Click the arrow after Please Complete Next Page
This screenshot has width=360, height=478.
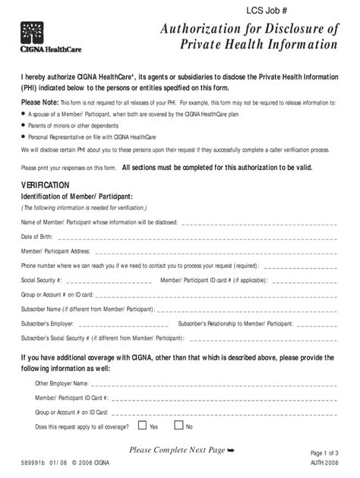coord(231,451)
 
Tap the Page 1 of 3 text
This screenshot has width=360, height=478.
coord(327,453)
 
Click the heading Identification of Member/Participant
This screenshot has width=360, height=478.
coord(76,197)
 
